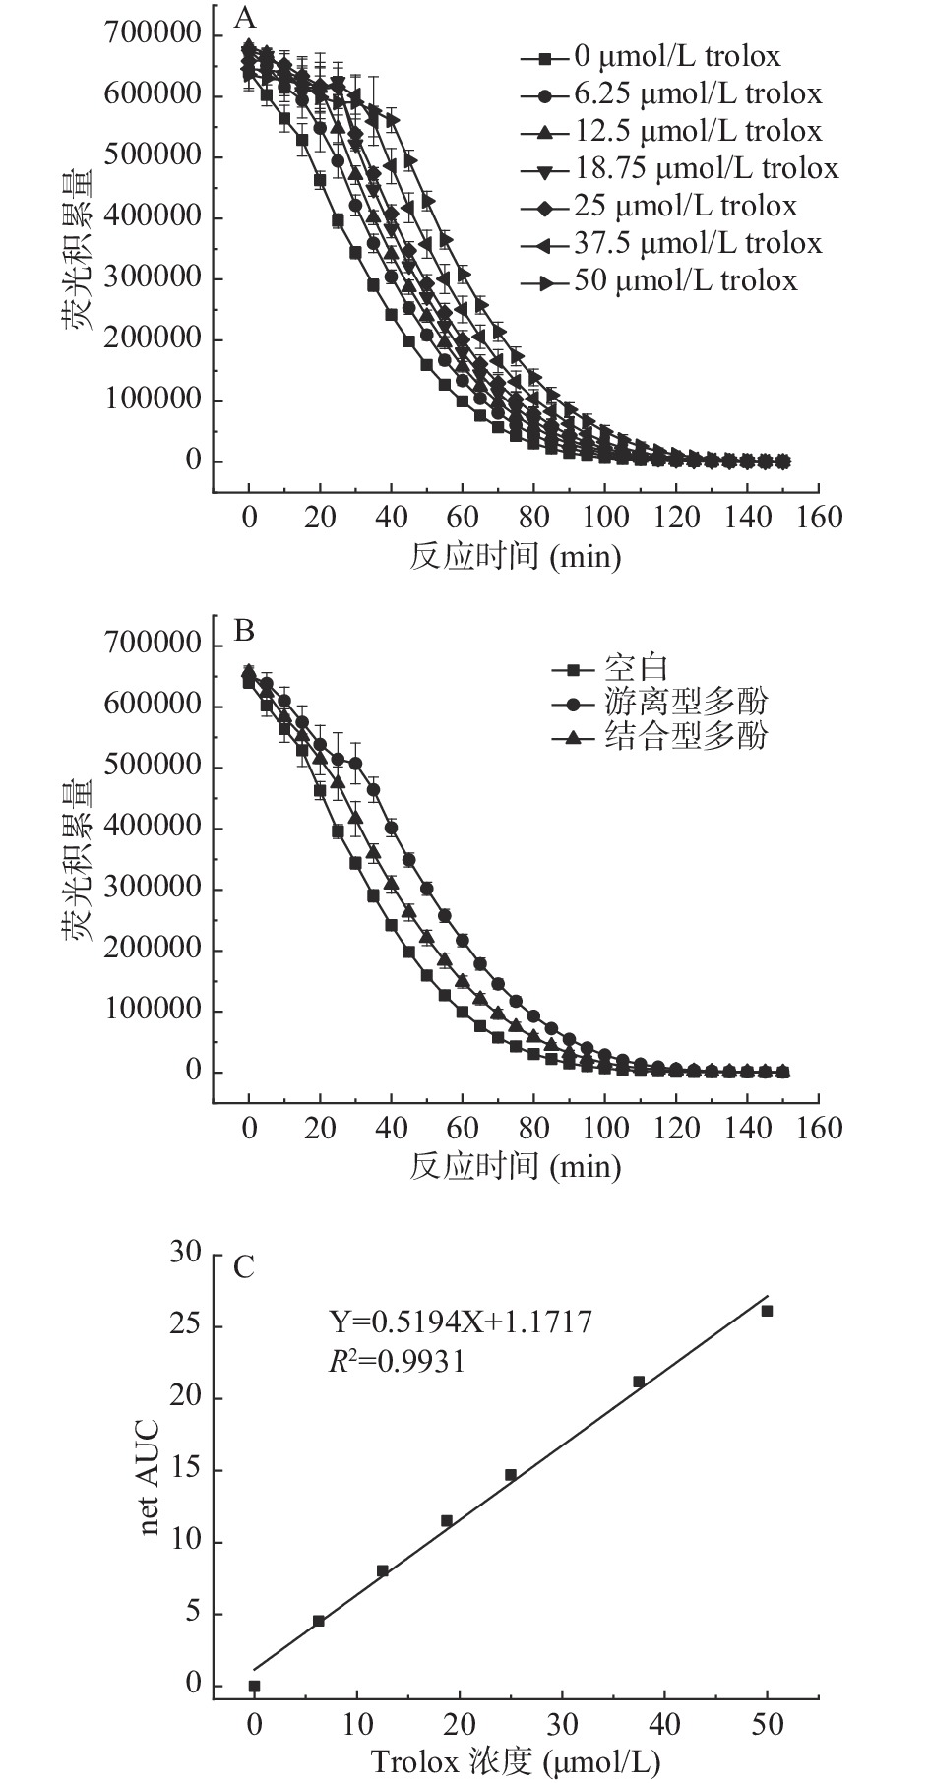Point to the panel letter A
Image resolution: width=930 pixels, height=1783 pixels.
pos(244,20)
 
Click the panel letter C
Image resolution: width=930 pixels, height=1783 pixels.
pos(244,1265)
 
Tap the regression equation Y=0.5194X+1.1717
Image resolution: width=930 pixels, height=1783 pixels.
pos(460,1322)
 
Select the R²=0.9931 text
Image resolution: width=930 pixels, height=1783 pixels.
pos(397,1362)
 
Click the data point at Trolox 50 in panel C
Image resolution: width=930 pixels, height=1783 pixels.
pos(768,1311)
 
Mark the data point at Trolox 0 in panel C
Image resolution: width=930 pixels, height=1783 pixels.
pos(254,1686)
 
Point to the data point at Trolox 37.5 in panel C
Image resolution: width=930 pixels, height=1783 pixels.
pos(639,1382)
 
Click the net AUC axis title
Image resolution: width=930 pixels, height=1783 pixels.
pos(150,1471)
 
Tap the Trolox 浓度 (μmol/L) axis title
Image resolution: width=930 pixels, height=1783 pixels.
pos(515,1760)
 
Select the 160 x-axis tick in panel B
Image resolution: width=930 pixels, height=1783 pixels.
pos(817,1128)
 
